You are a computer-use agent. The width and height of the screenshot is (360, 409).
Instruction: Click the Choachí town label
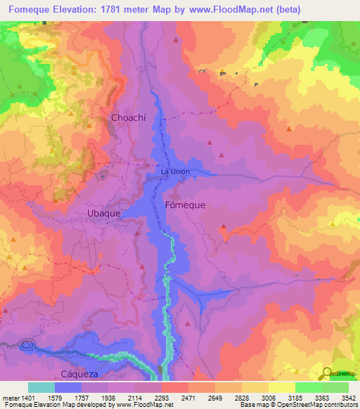click(x=127, y=118)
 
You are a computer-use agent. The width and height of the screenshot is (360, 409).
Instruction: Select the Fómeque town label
click(x=184, y=205)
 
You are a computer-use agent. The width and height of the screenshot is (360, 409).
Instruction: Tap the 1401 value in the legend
click(x=29, y=397)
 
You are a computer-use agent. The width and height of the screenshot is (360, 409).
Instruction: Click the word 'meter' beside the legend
click(x=11, y=397)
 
